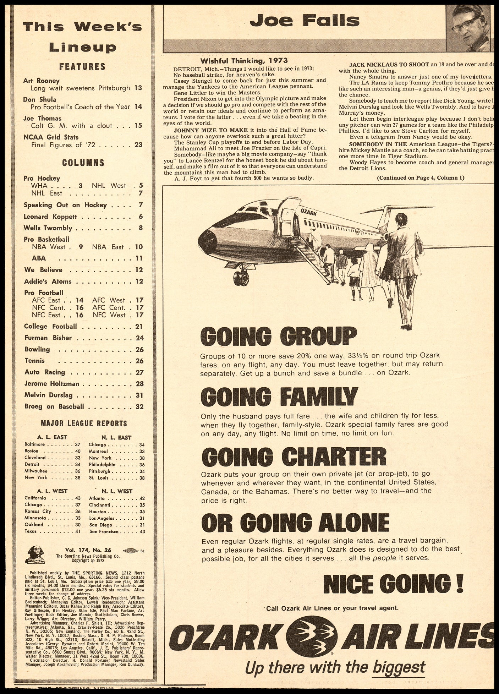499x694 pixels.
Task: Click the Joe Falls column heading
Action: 305,21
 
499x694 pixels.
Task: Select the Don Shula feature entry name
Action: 40,99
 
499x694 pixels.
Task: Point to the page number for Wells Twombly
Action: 141,228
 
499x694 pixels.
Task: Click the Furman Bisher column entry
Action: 48,338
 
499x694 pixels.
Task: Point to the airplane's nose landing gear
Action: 241,277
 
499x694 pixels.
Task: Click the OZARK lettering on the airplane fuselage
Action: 308,212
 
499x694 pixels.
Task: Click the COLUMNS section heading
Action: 83,163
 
